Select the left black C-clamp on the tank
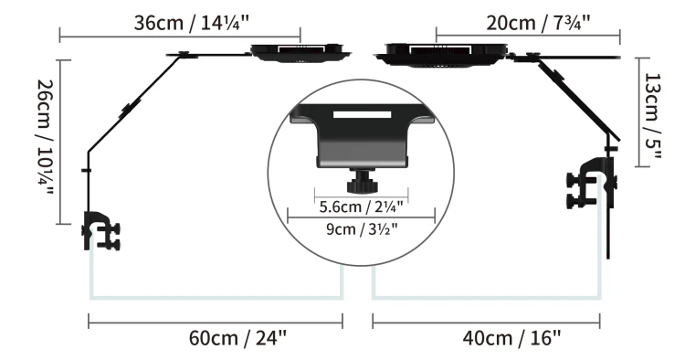pyautogui.click(x=100, y=232)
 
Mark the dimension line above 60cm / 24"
pyautogui.click(x=215, y=320)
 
